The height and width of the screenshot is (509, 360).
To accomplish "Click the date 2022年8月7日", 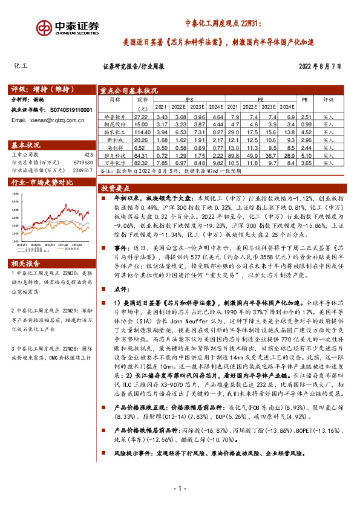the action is click(324, 66).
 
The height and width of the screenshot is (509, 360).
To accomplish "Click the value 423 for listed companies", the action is click(88, 154).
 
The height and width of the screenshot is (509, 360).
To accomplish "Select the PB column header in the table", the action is click(304, 98).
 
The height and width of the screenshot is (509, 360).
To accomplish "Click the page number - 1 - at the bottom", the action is click(180, 488).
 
